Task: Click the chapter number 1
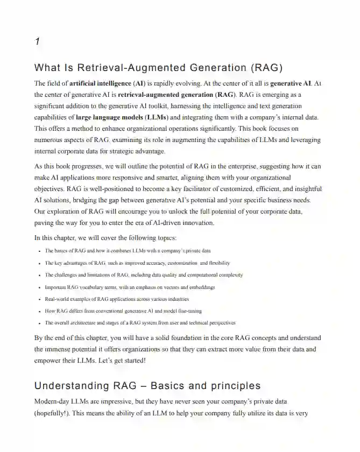37,42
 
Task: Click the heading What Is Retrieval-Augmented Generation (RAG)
158,68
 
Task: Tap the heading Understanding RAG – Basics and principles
147,386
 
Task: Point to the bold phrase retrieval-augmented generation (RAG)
178,95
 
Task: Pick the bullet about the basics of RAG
128,251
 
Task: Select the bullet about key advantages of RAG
137,263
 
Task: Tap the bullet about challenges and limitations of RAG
144,275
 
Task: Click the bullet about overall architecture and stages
140,323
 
